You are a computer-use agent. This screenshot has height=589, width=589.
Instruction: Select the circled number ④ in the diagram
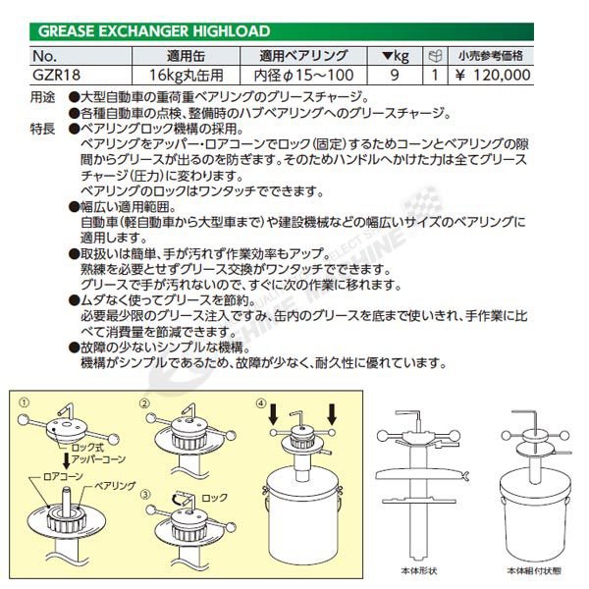(260, 402)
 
